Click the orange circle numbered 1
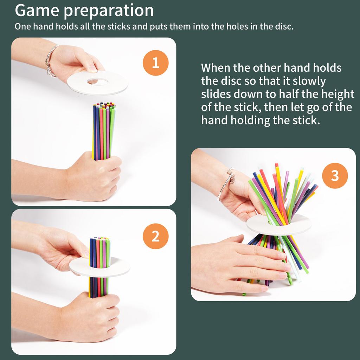click(155, 63)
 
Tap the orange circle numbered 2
click(155, 236)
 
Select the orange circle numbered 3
click(335, 176)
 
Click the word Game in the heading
click(37, 10)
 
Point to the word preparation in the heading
click(108, 11)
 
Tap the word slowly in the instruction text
click(309, 82)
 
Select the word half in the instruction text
click(289, 94)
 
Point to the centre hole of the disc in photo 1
click(98, 81)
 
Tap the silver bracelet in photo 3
click(226, 184)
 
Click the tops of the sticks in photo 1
click(105, 105)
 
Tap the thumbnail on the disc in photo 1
click(93, 69)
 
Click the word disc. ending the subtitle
click(284, 26)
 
